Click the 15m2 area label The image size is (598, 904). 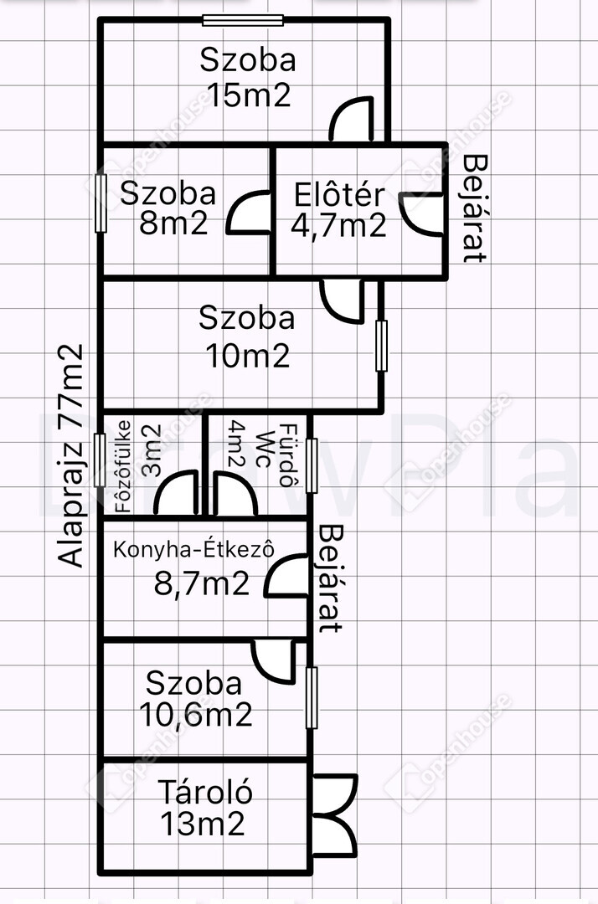[249, 95]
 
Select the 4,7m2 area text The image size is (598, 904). [338, 225]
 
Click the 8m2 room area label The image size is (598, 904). [173, 223]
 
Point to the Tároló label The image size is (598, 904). [205, 792]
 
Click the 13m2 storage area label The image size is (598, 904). [203, 824]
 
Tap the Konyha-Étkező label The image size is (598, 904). [193, 549]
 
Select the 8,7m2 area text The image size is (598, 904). [202, 583]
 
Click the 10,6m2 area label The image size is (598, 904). [196, 715]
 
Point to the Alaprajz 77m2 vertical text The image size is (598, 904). [71, 455]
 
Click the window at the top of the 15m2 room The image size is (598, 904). [243, 21]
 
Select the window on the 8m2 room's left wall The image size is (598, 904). [101, 203]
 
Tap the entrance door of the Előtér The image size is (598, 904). [421, 214]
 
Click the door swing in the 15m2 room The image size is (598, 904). [351, 119]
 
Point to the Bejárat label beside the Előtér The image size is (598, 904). [476, 208]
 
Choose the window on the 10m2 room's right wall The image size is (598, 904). [381, 346]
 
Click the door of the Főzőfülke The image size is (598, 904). [176, 493]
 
